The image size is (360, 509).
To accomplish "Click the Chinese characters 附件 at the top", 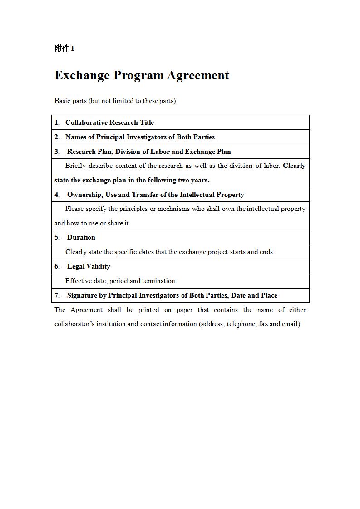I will (62, 49).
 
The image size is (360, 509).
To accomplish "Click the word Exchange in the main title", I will (82, 75).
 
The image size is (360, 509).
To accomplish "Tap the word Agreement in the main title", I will (197, 75).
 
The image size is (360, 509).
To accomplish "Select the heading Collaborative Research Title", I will (109, 122).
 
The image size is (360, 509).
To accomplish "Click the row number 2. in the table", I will (57, 137).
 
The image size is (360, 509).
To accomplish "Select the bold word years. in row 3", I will (200, 180).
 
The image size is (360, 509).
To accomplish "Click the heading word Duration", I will (81, 237).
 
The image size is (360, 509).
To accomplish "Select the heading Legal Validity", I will (89, 266).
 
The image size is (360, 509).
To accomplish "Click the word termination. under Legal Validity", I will (159, 281).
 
